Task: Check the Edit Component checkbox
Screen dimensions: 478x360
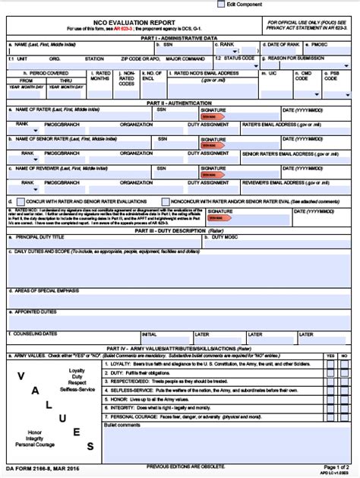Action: (221, 4)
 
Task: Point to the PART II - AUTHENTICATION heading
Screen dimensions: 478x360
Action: (179, 102)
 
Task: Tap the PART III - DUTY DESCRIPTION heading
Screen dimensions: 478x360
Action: (179, 230)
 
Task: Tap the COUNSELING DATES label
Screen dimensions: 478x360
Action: (35, 334)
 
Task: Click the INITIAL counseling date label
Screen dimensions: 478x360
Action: (149, 334)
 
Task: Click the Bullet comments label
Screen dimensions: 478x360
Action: (122, 425)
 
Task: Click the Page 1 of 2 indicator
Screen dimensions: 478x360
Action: (336, 466)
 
